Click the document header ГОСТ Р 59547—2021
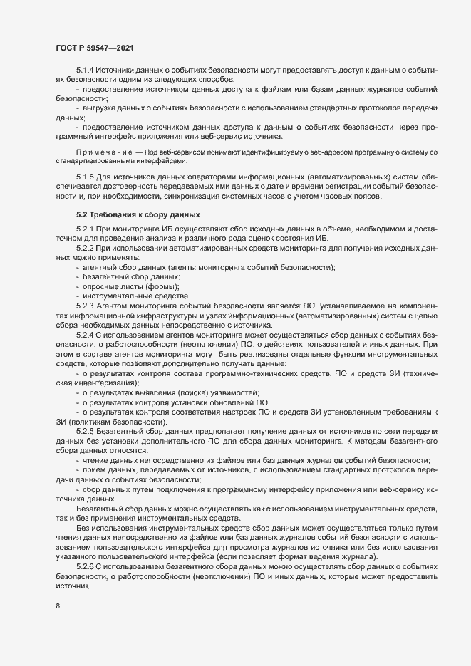93,47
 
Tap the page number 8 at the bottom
57,607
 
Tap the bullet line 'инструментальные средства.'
130,295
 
